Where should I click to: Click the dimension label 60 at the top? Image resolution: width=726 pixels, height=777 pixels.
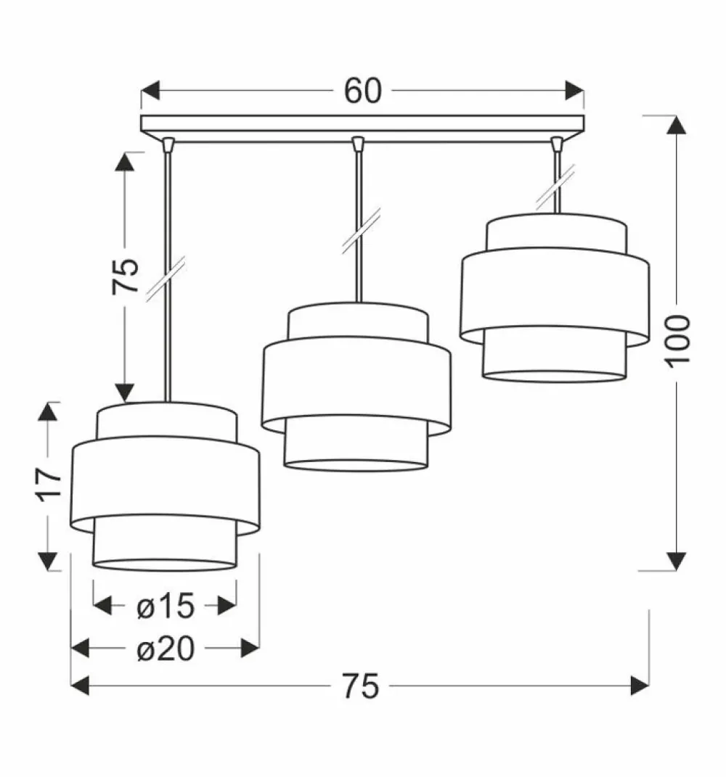click(x=362, y=91)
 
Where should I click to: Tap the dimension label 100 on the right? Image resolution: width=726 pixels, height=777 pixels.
click(x=677, y=341)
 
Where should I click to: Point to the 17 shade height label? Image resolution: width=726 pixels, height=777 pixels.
click(x=47, y=485)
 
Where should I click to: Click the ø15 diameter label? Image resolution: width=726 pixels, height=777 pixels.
click(x=166, y=605)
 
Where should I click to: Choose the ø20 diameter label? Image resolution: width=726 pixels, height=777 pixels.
click(x=166, y=648)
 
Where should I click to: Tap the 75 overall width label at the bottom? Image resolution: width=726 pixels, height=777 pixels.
click(x=361, y=686)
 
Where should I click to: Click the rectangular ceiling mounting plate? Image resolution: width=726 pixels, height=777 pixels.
click(x=362, y=124)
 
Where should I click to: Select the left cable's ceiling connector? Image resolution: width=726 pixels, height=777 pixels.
click(x=168, y=145)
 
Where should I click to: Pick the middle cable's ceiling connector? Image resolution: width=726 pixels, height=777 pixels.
click(x=357, y=145)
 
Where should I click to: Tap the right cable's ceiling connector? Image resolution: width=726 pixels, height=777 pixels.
click(x=557, y=145)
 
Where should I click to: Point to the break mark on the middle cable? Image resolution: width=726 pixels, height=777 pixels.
click(x=357, y=231)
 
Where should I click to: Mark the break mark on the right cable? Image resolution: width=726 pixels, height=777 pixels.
click(x=557, y=186)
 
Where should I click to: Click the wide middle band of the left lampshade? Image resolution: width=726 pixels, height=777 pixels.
click(x=166, y=482)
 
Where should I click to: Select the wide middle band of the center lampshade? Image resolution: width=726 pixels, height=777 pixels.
click(x=356, y=382)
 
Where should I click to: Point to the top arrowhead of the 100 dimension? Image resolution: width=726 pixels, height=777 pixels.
click(x=677, y=125)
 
